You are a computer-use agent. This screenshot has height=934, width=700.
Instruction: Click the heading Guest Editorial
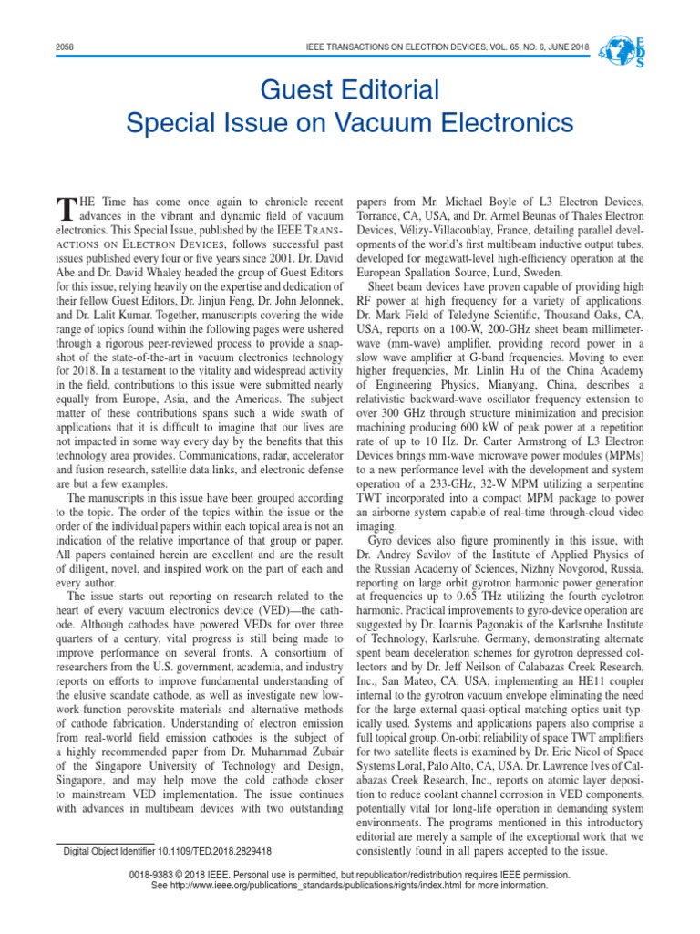pos(350,89)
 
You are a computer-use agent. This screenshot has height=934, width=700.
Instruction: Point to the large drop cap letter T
pos(64,209)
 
